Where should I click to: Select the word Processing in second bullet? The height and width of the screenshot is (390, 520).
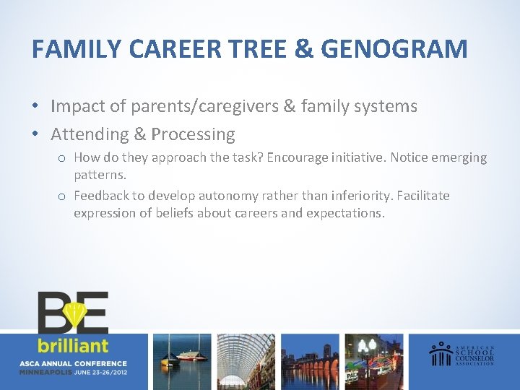193,134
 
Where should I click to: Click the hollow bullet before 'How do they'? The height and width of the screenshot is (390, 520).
64,158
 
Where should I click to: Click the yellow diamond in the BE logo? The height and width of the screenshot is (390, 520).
74,313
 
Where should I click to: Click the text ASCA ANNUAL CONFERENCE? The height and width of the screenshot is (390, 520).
74,363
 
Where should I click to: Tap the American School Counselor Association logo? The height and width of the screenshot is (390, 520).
462,353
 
